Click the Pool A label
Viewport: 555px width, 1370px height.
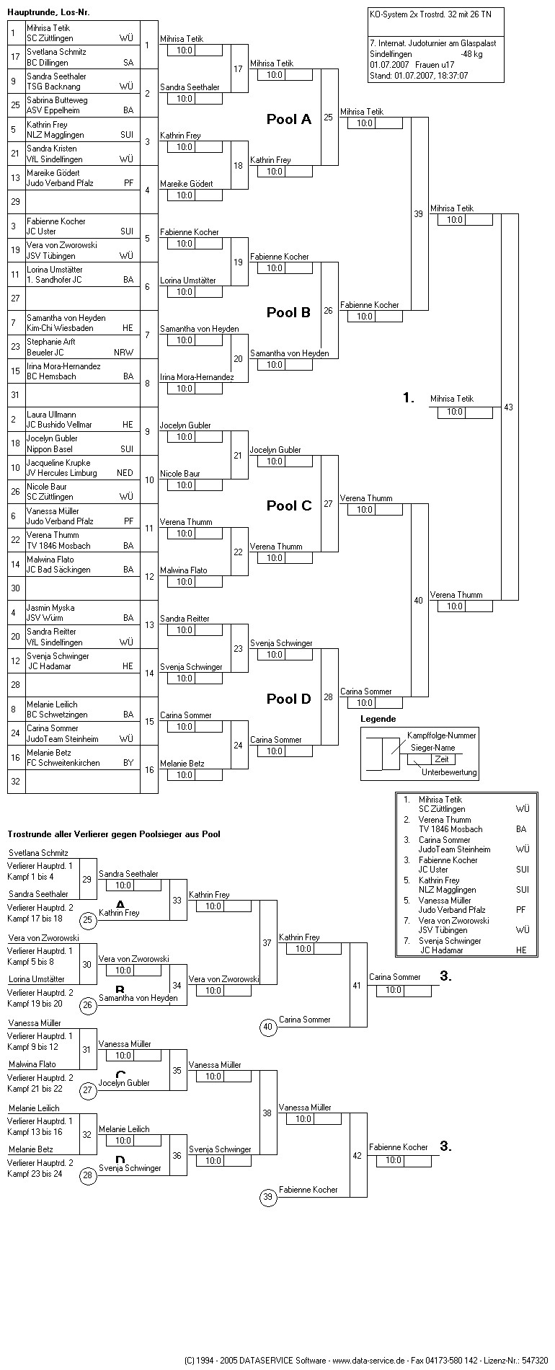(288, 120)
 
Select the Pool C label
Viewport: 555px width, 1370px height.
(288, 505)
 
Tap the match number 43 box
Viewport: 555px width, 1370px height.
(509, 407)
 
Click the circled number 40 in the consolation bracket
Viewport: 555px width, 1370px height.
(268, 1027)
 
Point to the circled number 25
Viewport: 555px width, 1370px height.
(88, 919)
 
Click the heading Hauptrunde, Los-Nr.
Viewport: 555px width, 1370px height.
(49, 12)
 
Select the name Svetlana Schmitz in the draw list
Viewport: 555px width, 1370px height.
(56, 52)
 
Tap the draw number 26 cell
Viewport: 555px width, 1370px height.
(16, 492)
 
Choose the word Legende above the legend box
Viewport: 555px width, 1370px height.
(378, 719)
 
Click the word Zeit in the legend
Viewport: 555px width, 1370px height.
(441, 759)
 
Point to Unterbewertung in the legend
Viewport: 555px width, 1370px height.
(449, 772)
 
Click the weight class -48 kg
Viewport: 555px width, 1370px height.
(471, 54)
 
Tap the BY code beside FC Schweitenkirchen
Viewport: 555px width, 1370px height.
(128, 763)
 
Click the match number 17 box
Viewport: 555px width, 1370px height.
(238, 69)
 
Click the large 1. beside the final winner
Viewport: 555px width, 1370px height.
(409, 398)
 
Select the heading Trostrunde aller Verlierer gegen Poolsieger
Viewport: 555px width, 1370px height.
(114, 834)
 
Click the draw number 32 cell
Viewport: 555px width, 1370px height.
(16, 782)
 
